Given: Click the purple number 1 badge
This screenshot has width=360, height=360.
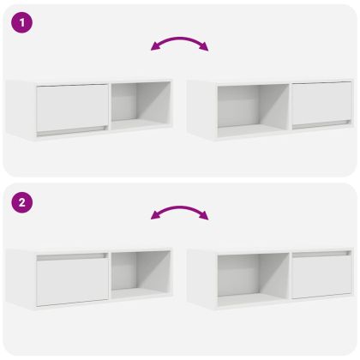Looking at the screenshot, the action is pos(22,22).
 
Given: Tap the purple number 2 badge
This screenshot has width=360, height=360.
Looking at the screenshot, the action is pos(22,202).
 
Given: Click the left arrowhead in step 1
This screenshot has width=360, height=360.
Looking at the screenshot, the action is pos(155,46).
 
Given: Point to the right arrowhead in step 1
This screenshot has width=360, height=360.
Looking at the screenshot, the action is pos(204,46).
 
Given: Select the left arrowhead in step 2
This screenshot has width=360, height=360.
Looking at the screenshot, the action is pos(155,215).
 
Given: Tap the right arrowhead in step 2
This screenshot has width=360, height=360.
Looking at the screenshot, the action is pos(204,215).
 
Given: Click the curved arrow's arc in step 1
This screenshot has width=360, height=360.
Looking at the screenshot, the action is pos(180,39).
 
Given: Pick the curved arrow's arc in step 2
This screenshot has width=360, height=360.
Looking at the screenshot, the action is pos(180,207).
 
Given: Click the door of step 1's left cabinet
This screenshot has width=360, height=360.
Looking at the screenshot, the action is pos(73,107).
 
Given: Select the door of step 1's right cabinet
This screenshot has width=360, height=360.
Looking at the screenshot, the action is pos(321,104).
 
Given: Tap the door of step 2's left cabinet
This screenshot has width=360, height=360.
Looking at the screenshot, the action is pos(73,282).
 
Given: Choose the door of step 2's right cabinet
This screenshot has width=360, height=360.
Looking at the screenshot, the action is pos(321,277).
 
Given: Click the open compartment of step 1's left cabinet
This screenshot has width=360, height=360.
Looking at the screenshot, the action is pos(141,105).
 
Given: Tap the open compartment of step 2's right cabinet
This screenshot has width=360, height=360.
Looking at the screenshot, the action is pos(253,279).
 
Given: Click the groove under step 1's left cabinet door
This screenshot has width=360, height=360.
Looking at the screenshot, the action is pos(73,131).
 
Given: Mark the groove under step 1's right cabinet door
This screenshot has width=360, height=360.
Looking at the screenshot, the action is pos(321,124).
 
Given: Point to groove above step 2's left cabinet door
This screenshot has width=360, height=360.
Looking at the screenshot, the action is pos(73,256).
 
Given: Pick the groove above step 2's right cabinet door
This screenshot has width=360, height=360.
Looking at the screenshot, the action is pos(321,254).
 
